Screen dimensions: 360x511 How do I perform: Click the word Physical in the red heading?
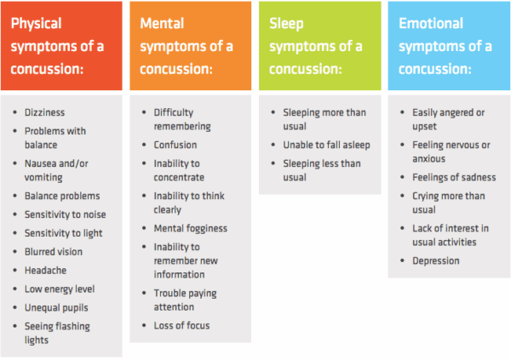click(x=36, y=24)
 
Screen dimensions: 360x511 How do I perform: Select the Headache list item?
click(x=45, y=270)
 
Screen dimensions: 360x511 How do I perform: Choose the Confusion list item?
click(x=175, y=145)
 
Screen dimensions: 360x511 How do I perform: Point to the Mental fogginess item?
click(x=191, y=228)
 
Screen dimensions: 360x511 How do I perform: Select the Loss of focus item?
click(x=181, y=325)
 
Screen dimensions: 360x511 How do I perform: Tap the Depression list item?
click(x=436, y=260)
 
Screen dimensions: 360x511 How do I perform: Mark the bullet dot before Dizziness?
click(x=17, y=112)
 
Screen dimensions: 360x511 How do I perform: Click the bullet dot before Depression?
click(x=403, y=260)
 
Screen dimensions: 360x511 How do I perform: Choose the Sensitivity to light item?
click(x=64, y=232)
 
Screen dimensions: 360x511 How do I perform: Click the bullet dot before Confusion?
click(x=144, y=145)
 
